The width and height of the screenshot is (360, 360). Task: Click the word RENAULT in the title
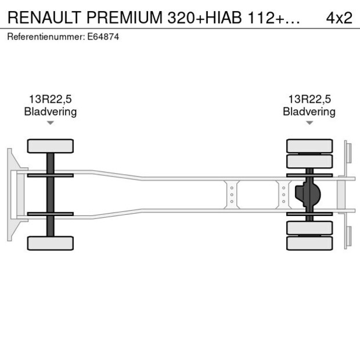(44, 17)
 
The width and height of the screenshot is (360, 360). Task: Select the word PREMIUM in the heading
(124, 17)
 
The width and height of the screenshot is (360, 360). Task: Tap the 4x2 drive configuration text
(339, 17)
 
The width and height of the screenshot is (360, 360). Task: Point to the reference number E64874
(103, 37)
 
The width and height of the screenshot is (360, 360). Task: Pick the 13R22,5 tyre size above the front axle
(51, 99)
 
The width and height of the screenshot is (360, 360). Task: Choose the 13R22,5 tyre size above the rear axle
(309, 99)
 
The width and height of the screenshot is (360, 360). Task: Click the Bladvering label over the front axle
(51, 112)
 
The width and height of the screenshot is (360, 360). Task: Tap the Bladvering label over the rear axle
(309, 112)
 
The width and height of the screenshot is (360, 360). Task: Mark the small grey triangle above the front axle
(51, 123)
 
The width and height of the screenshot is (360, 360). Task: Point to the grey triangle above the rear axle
(309, 123)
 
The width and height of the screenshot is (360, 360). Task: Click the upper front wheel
(51, 146)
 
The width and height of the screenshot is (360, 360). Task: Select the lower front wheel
(51, 243)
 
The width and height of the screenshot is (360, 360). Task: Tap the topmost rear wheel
(309, 146)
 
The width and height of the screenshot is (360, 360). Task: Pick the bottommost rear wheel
(309, 243)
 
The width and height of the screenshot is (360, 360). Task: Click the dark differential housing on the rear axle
(308, 195)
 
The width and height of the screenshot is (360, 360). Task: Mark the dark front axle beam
(51, 195)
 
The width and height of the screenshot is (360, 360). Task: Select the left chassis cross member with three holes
(232, 195)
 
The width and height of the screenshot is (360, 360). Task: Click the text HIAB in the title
(224, 17)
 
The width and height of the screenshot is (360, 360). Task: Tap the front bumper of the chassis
(15, 195)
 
